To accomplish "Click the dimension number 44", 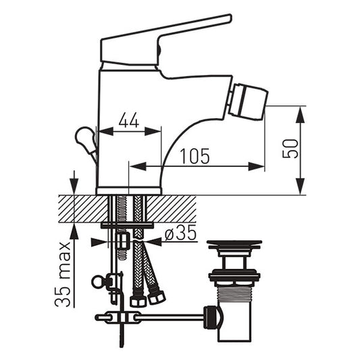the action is coord(129,120).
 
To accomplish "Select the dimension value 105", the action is coord(195,156).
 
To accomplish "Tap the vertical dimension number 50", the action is coord(290,149).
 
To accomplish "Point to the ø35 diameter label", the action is coord(181,232).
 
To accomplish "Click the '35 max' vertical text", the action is coord(62,274).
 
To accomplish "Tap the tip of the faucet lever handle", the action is coord(230,18).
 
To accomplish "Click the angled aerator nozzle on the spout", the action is coord(249,102).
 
